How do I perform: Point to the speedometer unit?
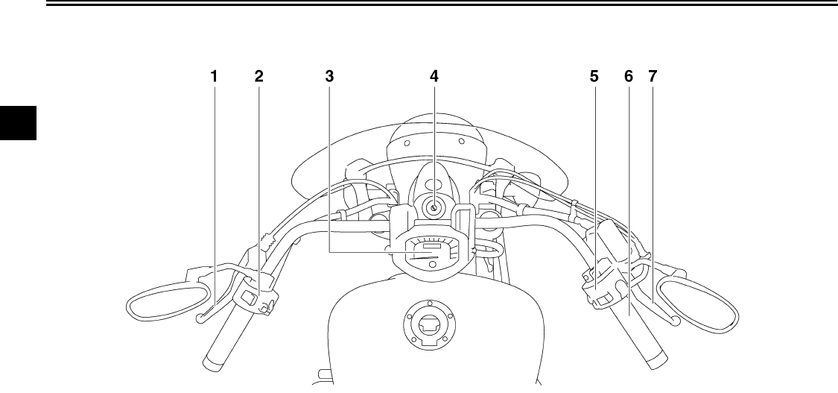pos(433,252)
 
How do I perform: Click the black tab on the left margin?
pos(16,123)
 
